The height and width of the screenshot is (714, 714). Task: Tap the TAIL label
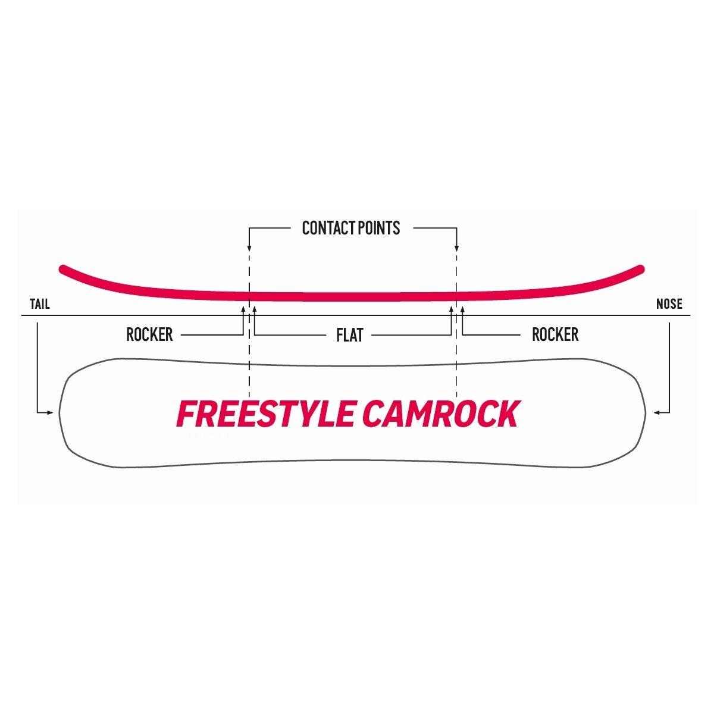(x=40, y=304)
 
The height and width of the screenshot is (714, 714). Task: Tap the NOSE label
(x=669, y=304)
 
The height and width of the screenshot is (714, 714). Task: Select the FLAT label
(x=350, y=335)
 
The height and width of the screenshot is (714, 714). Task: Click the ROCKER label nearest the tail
(x=149, y=334)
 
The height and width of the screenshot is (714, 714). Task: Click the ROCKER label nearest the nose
(x=555, y=334)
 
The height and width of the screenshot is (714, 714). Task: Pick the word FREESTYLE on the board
(x=267, y=414)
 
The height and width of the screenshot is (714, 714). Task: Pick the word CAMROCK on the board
(x=441, y=414)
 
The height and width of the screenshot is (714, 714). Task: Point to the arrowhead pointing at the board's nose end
(x=656, y=412)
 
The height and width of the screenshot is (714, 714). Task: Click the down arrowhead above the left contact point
(x=249, y=248)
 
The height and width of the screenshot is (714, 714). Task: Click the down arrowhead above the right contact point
(x=457, y=248)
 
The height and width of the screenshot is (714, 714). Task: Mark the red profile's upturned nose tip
(x=641, y=269)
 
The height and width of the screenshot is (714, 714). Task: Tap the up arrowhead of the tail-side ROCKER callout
(x=243, y=309)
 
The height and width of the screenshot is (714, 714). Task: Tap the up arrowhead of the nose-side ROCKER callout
(x=462, y=309)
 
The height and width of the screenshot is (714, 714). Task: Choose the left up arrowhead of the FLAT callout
(x=255, y=309)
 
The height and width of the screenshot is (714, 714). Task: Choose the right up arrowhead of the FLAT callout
(x=451, y=309)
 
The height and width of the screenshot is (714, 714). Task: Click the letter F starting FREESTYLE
(x=186, y=414)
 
